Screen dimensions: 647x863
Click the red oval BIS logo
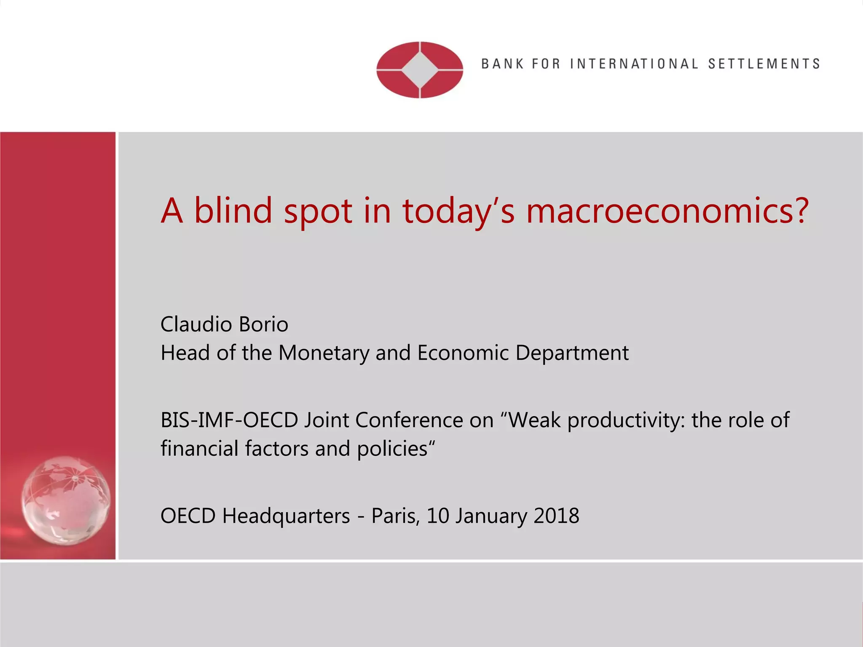(x=420, y=70)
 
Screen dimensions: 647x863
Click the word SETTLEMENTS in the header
(x=764, y=64)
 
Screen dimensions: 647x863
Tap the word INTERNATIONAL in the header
(x=634, y=64)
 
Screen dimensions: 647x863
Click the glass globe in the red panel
(x=66, y=501)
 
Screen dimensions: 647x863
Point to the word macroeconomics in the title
(x=668, y=211)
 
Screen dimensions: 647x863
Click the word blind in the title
(x=233, y=211)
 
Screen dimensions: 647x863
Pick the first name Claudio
(x=196, y=324)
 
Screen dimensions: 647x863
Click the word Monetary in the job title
(x=324, y=353)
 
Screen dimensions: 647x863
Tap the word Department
(x=572, y=353)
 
